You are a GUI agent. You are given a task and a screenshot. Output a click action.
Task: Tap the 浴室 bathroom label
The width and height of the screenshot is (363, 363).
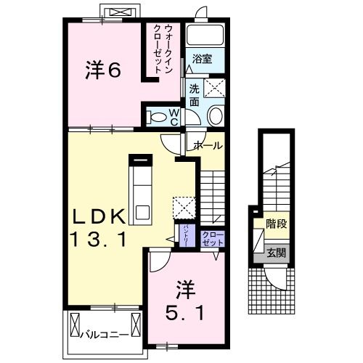(x=203, y=60)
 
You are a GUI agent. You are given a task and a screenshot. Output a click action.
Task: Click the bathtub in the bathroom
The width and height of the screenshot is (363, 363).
(x=205, y=36)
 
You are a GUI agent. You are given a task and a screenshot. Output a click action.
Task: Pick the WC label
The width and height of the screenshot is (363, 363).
(x=174, y=116)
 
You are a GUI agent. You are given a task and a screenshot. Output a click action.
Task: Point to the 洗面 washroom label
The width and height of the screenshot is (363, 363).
(x=194, y=96)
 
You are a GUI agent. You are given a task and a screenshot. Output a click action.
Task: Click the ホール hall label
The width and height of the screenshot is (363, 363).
(x=208, y=145)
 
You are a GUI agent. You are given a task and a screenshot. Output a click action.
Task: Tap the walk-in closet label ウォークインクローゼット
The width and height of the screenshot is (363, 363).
(x=162, y=47)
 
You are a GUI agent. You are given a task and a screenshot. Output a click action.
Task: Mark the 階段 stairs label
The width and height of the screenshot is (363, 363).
(x=276, y=224)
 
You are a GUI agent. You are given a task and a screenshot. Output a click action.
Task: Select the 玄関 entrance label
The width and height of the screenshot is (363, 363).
(x=276, y=253)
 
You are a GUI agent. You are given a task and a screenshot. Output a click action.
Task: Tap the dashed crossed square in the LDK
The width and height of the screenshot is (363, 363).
(x=184, y=206)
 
